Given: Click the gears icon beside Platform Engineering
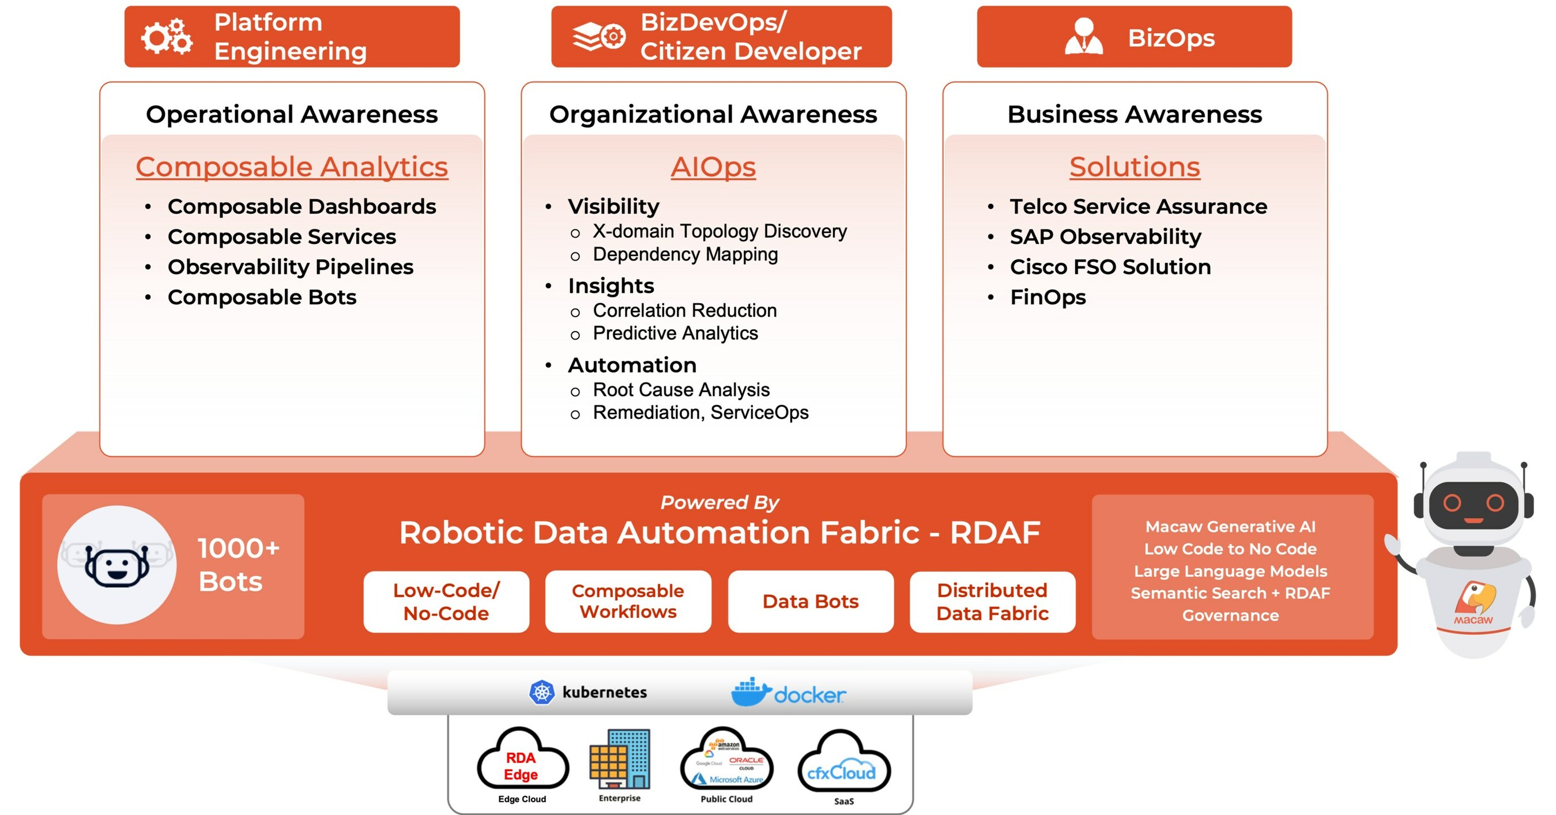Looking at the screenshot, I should coord(167,37).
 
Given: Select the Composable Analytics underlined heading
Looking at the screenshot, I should coord(292,167).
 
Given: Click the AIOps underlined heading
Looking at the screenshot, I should coord(713,167).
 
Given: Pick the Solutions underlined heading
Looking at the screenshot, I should coord(1135,167).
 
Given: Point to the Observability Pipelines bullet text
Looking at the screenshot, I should coord(291,267).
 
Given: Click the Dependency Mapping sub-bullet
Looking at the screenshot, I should coord(685,254).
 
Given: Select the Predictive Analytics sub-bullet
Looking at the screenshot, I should coord(675,333).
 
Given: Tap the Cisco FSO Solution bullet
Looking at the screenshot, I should coord(1110,267).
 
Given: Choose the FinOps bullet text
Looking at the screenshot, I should coord(1048,297).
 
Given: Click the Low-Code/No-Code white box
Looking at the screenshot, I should coord(446,601).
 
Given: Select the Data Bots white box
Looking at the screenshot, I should coord(810,601).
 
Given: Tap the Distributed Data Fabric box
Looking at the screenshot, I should coord(992,601).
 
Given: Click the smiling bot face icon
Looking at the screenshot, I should coord(116,565).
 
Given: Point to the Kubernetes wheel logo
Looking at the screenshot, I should coord(542,692).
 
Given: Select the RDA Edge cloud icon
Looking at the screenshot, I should coord(522,763).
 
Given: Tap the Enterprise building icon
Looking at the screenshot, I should coord(620,760).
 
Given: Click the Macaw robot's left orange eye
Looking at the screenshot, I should coord(1452,502).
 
